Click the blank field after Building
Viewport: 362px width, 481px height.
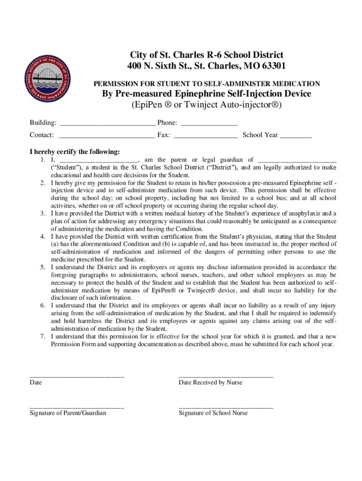point(108,124)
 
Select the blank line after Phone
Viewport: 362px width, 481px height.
point(209,124)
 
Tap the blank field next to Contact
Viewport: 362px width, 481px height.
point(106,136)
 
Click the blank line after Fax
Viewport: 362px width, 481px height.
point(205,136)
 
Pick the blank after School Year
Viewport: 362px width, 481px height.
point(296,136)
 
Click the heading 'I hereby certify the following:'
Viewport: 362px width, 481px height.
point(75,152)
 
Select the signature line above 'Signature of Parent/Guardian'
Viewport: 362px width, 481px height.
point(77,407)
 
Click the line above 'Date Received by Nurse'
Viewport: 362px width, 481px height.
point(226,376)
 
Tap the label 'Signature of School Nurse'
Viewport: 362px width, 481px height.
point(213,413)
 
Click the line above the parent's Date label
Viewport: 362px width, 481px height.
point(77,376)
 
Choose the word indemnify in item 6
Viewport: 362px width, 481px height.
point(322,312)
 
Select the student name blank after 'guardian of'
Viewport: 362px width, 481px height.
point(297,160)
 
